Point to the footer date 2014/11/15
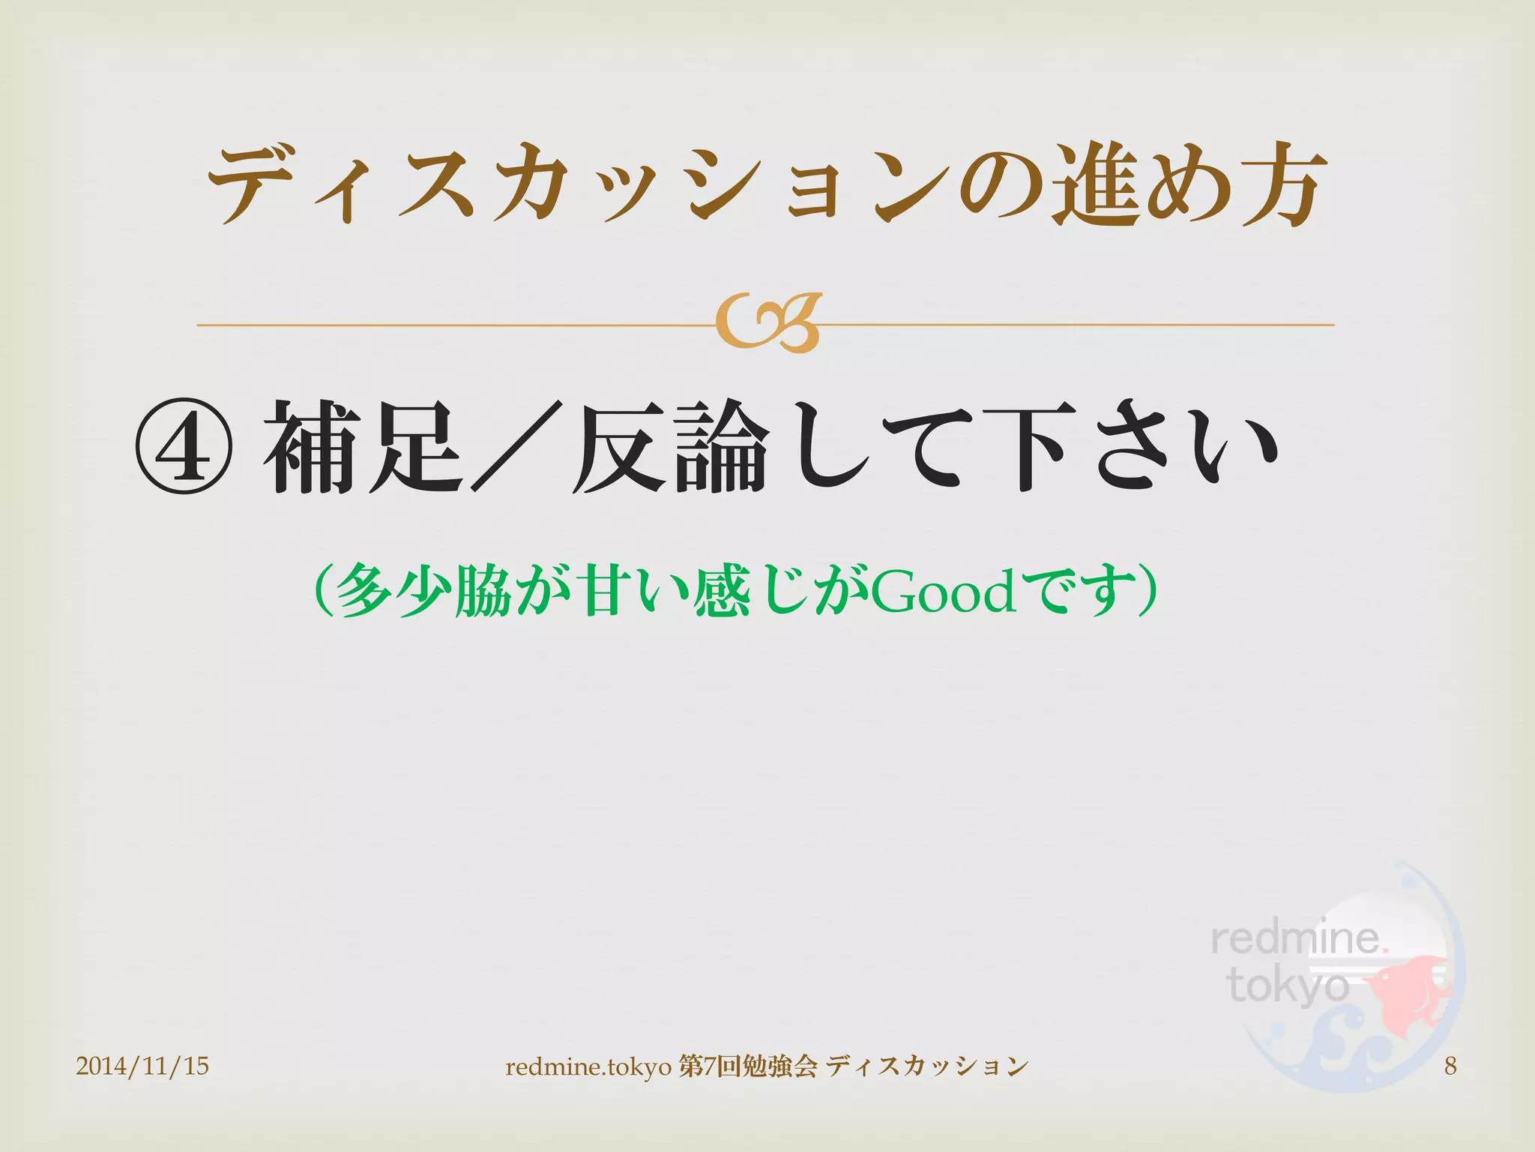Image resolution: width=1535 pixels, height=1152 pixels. [142, 1066]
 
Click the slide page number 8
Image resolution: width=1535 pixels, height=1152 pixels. [1450, 1066]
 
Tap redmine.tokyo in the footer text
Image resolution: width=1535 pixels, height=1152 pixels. [588, 1066]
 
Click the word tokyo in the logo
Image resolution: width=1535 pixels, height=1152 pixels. [1288, 985]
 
